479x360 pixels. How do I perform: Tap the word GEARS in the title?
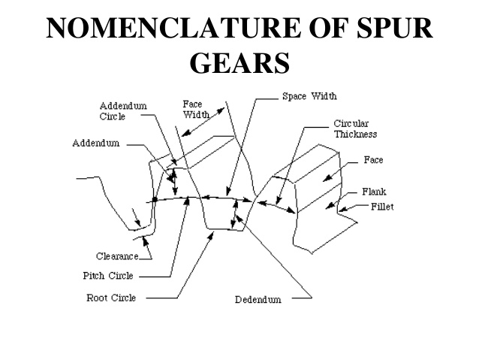[239, 62]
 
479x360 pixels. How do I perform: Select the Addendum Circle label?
[123, 111]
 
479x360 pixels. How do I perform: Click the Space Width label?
[309, 96]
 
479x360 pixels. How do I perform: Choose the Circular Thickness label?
[355, 129]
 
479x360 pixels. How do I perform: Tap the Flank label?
[375, 192]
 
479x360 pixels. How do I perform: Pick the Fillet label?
[381, 206]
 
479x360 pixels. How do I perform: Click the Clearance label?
[116, 256]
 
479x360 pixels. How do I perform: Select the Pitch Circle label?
[108, 275]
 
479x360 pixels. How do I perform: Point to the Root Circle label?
[111, 298]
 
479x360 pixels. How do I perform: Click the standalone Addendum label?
[95, 143]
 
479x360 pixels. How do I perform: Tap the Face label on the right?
[374, 160]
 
